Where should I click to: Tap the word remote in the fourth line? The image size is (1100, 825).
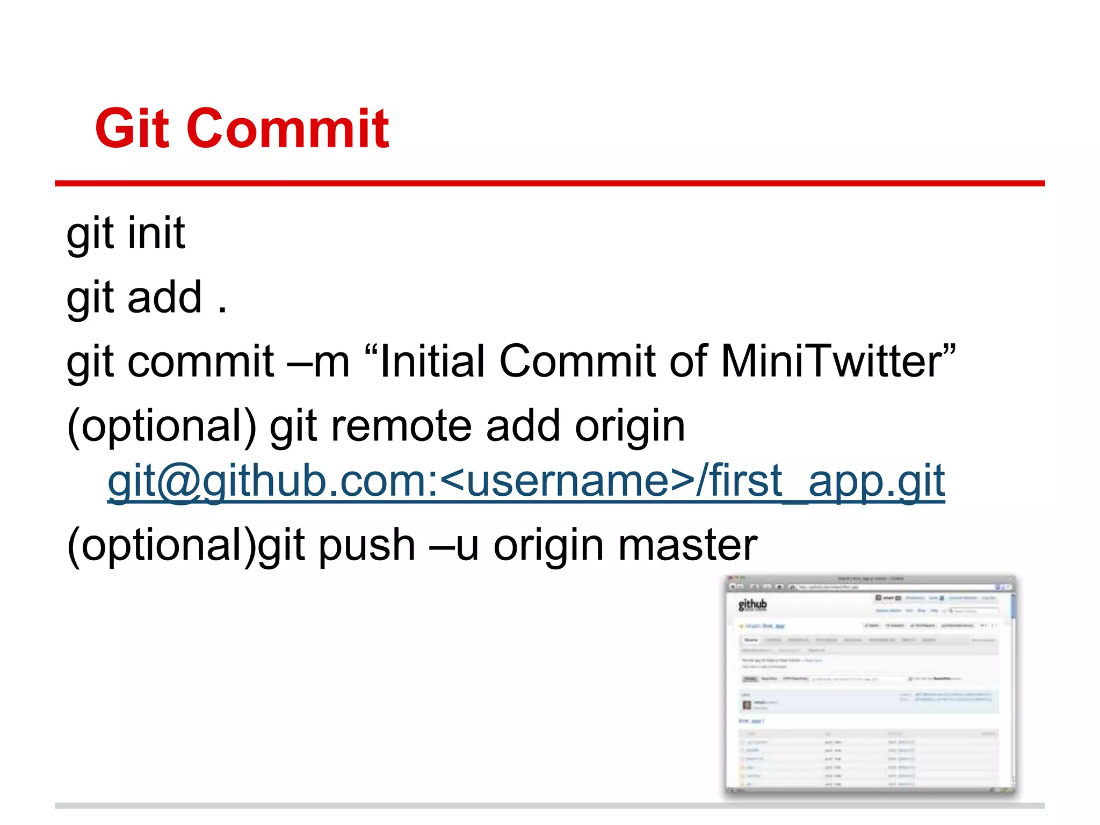tap(401, 426)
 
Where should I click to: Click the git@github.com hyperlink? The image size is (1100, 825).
tap(526, 481)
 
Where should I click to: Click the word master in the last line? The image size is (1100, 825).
tap(687, 545)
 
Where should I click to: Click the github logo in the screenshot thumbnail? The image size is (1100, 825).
tap(752, 605)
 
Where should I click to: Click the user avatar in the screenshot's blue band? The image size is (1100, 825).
tap(747, 705)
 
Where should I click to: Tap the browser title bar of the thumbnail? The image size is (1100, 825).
tap(870, 579)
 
